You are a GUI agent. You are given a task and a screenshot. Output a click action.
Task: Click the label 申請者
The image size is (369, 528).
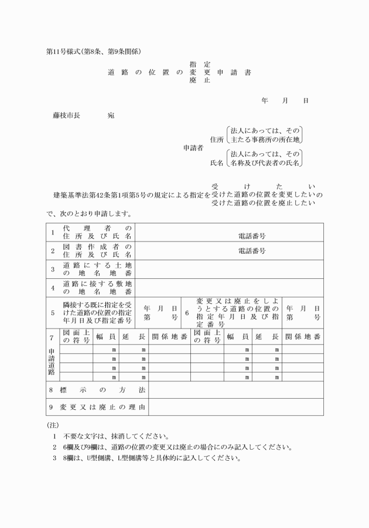(x=193, y=148)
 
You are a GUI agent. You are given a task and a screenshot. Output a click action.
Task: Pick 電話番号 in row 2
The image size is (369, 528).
(x=252, y=251)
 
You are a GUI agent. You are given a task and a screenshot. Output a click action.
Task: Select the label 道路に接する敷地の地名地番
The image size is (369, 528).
(x=97, y=287)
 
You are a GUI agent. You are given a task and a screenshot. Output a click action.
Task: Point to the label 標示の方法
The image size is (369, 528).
(x=97, y=389)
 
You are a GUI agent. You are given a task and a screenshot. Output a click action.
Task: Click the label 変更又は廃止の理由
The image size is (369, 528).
(x=97, y=407)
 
